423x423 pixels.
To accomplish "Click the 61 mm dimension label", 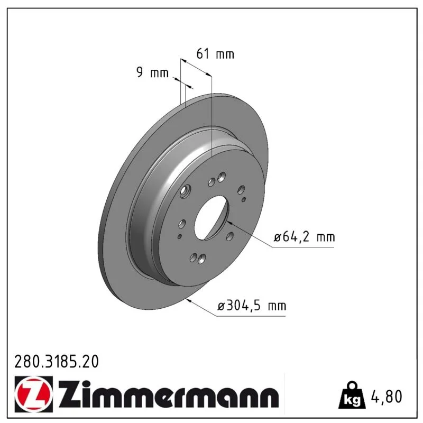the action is point(215,54).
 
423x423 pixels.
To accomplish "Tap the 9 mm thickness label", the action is point(152,72).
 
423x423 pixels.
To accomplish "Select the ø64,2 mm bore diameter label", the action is point(305,237).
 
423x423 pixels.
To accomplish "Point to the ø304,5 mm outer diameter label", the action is point(252,306).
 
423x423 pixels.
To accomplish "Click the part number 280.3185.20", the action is point(57,362).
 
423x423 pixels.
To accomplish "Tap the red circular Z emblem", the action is point(34,394).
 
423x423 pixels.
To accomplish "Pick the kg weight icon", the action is point(352,395).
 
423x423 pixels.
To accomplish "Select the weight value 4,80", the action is point(387,396).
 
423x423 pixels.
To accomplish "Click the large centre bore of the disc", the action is point(212,217).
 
